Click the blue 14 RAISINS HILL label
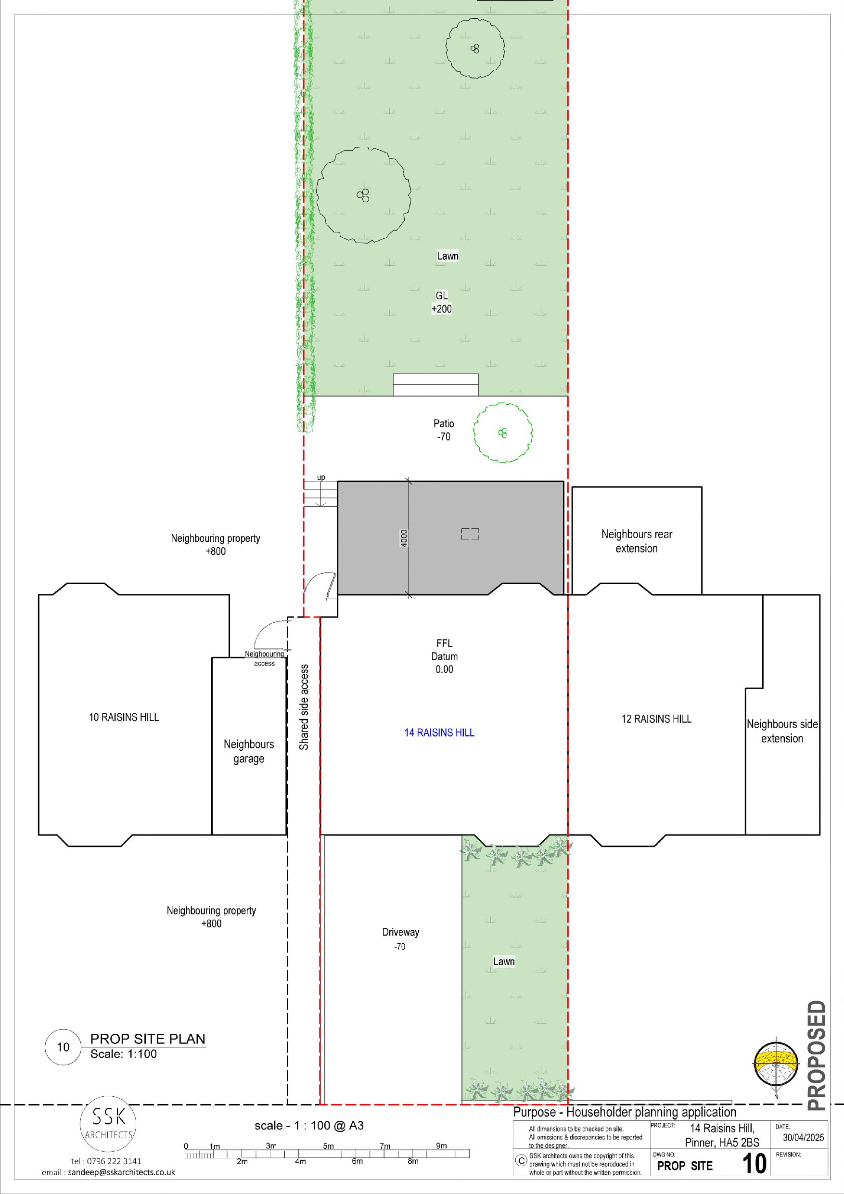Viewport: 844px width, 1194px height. click(x=439, y=733)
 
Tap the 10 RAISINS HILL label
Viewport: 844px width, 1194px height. click(x=124, y=717)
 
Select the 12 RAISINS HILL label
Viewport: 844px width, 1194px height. click(x=656, y=719)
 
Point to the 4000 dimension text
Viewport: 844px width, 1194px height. click(x=404, y=538)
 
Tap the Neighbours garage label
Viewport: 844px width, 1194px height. click(x=249, y=751)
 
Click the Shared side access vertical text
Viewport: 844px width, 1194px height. click(x=304, y=707)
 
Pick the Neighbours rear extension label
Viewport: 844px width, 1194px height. click(x=637, y=541)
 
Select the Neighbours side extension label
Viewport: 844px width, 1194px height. click(x=782, y=731)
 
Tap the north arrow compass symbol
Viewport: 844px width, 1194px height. click(x=775, y=1065)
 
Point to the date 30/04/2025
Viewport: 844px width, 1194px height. click(x=804, y=1137)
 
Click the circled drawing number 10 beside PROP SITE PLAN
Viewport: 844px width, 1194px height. click(x=63, y=1047)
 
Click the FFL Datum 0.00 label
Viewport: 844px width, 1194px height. click(x=444, y=656)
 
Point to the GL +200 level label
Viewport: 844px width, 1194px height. click(x=442, y=302)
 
